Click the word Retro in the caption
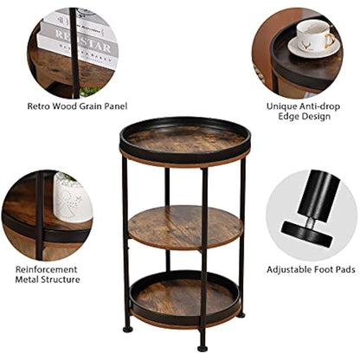click(x=40, y=106)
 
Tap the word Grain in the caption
click(x=87, y=106)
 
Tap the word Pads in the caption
click(x=343, y=270)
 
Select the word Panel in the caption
click(x=119, y=106)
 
